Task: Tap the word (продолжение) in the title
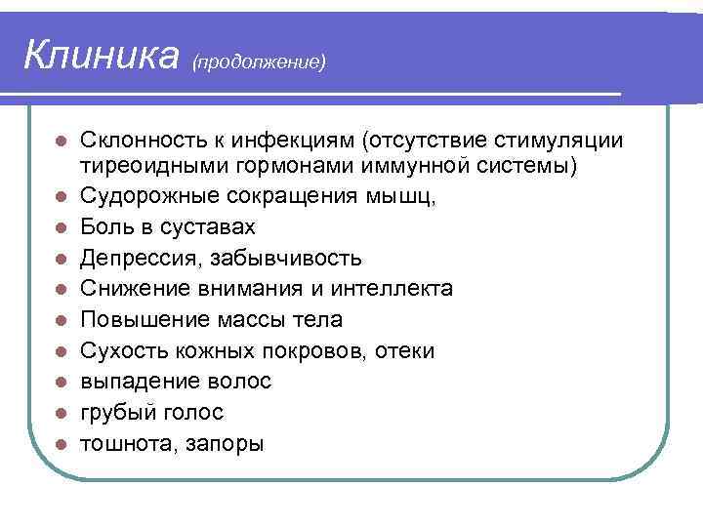[x=259, y=61]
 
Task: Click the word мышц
[x=403, y=196]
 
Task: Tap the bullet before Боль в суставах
[x=61, y=227]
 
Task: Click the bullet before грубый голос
[x=61, y=413]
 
